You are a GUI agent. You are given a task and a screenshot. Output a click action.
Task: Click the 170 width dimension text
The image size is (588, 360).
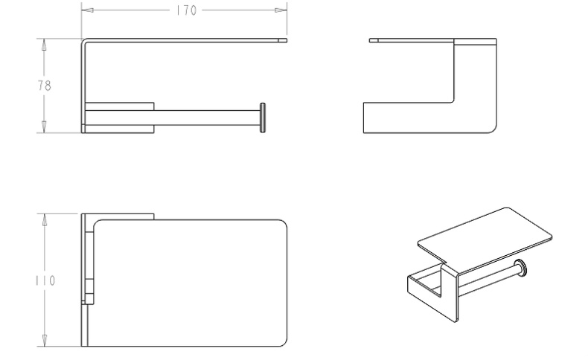click(186, 10)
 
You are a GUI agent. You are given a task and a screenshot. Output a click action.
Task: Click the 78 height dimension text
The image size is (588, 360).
click(44, 86)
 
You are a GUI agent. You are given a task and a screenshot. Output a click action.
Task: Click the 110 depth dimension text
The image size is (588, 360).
click(45, 280)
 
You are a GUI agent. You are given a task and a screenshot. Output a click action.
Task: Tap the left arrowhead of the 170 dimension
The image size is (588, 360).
click(87, 10)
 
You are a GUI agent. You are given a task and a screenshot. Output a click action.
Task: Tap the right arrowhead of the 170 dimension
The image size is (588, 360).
click(281, 10)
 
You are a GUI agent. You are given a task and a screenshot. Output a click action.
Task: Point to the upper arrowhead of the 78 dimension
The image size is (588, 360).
click(44, 45)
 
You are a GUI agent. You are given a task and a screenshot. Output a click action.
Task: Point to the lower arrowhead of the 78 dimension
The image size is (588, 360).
click(44, 126)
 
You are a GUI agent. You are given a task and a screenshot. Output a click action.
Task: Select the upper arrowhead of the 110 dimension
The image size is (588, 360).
click(45, 220)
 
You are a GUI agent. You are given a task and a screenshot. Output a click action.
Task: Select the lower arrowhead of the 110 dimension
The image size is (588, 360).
click(45, 340)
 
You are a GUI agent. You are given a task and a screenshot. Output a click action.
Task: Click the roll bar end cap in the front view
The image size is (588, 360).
click(263, 118)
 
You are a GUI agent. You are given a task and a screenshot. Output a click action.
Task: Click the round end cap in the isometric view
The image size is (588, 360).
click(520, 268)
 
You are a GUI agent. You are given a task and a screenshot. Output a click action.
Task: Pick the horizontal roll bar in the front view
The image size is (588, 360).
click(207, 118)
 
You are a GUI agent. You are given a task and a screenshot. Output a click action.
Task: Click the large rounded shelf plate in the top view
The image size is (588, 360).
click(190, 283)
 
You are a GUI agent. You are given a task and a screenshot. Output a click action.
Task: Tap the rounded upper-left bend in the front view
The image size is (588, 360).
click(84, 41)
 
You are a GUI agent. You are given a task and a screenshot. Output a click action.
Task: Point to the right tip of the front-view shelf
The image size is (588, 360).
click(287, 40)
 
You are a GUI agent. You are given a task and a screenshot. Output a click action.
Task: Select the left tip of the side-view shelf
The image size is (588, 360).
click(370, 40)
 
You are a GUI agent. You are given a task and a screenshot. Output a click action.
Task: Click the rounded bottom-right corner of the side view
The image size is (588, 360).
click(493, 129)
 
